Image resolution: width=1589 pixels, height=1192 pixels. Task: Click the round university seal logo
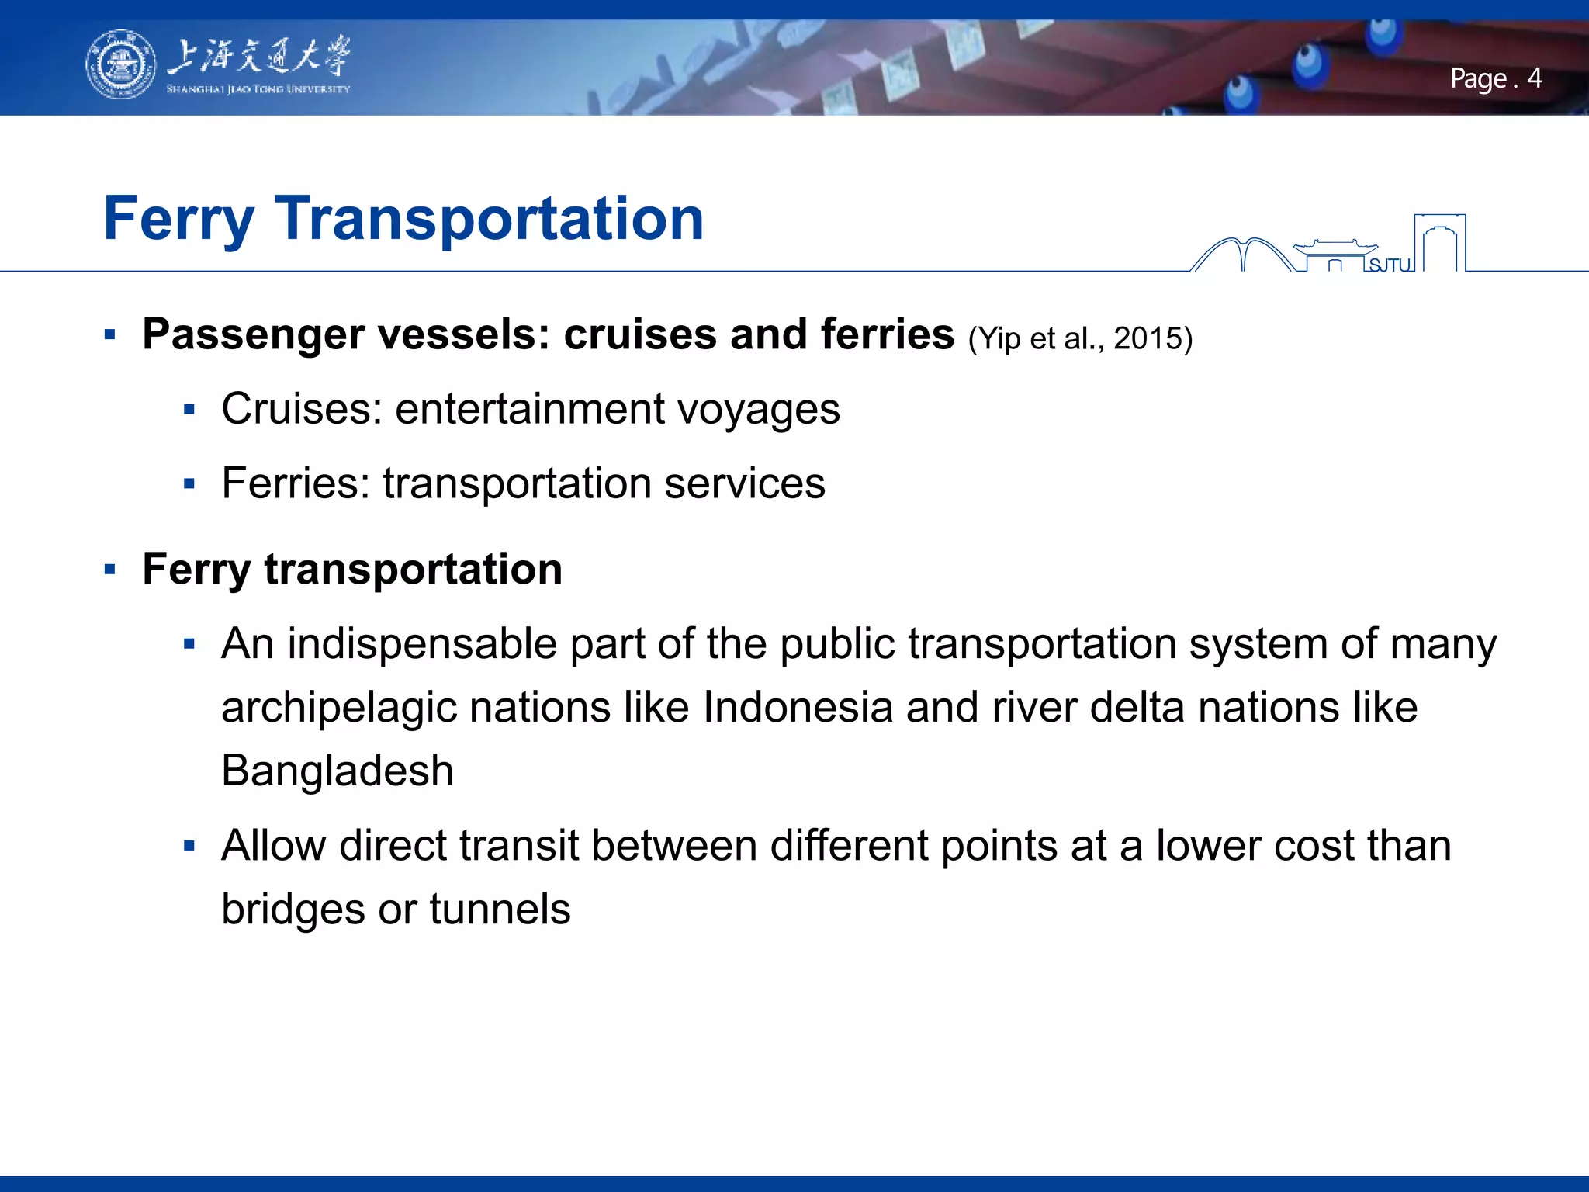119,65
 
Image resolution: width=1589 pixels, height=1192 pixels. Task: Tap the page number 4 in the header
1534,78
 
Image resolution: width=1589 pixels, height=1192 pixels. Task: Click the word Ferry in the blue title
178,220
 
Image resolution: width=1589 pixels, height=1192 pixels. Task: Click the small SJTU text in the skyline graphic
1390,265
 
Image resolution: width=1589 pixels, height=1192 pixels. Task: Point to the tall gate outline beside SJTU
1439,242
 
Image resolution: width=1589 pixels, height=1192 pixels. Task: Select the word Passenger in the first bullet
254,335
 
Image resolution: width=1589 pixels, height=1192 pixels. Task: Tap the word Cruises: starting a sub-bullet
302,409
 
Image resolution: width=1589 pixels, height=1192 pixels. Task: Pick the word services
744,483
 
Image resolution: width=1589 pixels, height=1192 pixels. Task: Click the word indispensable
422,644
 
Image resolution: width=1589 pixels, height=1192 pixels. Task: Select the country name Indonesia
797,708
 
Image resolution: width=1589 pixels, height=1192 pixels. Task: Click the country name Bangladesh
338,771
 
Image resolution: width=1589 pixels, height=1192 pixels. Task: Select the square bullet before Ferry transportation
109,570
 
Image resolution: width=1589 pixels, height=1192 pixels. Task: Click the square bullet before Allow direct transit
189,846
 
